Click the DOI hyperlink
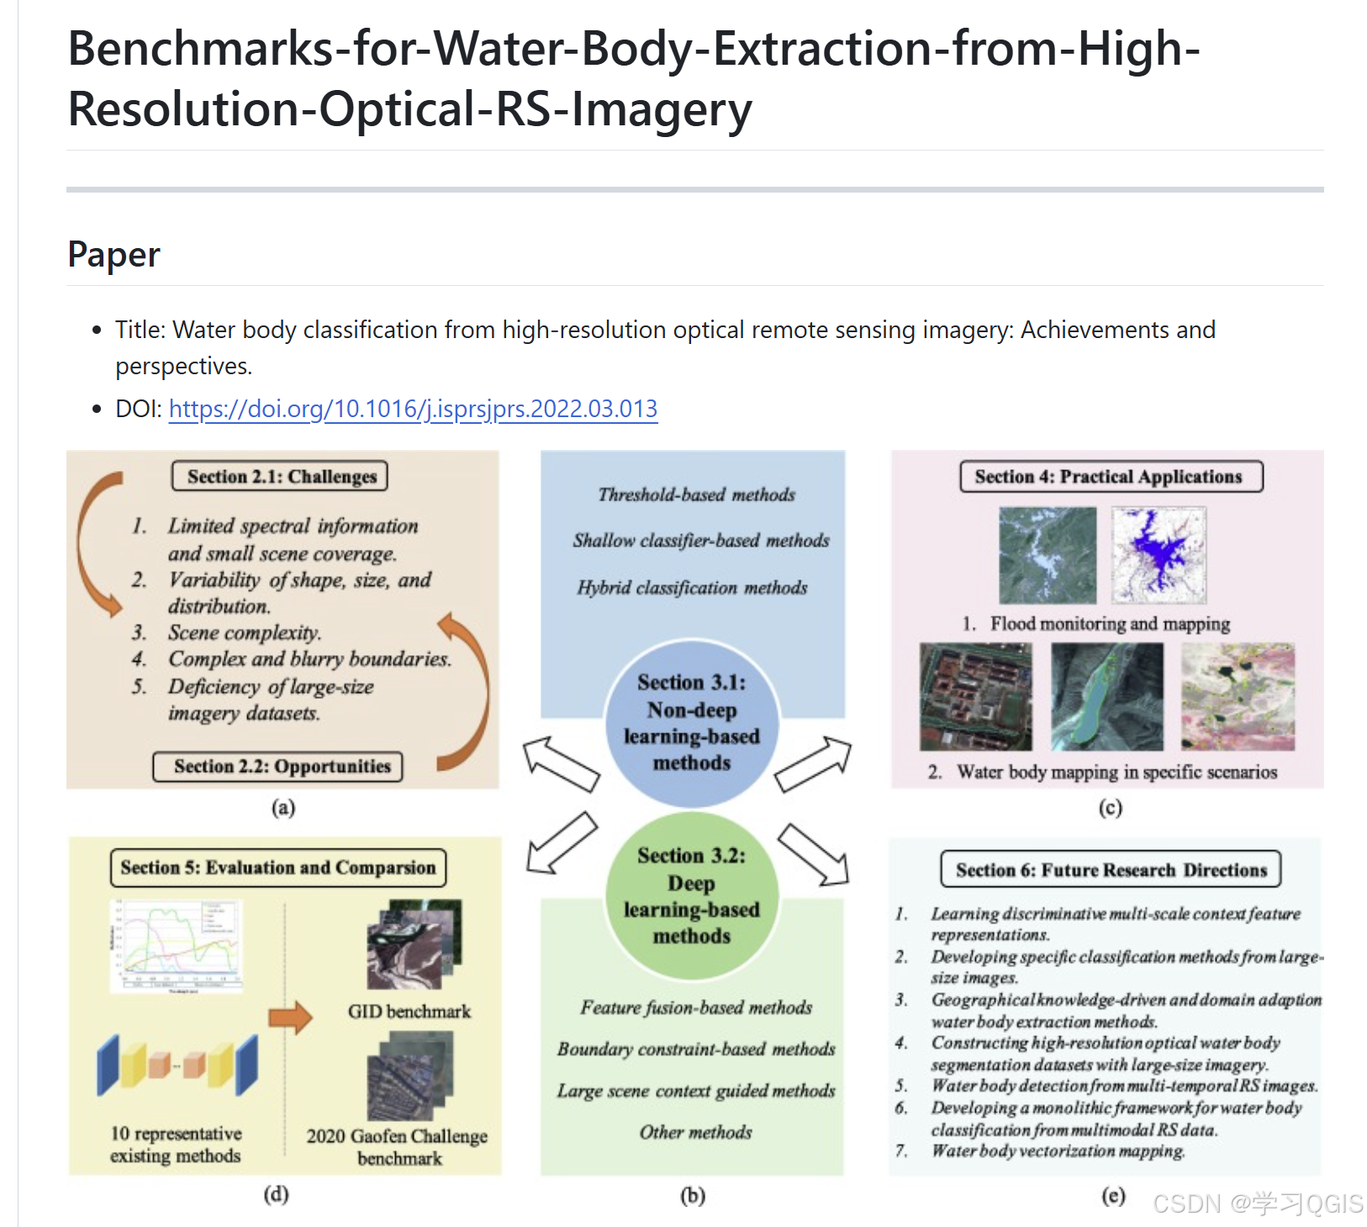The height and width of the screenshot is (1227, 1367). (x=413, y=410)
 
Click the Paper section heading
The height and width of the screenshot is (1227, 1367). (x=113, y=255)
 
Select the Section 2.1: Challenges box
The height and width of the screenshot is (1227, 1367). (x=281, y=477)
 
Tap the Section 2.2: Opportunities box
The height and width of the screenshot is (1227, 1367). (x=278, y=767)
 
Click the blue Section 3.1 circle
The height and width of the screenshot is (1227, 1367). (x=691, y=722)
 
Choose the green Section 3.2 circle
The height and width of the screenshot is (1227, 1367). (x=691, y=896)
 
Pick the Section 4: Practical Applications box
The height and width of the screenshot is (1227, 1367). (x=1111, y=477)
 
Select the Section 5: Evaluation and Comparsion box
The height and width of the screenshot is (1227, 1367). (x=277, y=868)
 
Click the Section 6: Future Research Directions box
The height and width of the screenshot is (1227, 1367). (x=1111, y=870)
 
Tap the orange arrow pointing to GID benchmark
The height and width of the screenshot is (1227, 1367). (x=290, y=1018)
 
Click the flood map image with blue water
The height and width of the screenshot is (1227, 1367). (x=1159, y=555)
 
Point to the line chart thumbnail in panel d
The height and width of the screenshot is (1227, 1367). (x=177, y=946)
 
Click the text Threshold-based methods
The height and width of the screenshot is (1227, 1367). (x=696, y=495)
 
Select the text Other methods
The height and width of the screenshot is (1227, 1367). (x=695, y=1133)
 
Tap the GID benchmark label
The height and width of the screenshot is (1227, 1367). (x=409, y=1012)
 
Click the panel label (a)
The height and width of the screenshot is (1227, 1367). (x=283, y=808)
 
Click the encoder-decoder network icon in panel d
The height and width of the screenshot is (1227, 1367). (x=177, y=1065)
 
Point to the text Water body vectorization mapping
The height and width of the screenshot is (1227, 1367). (x=1058, y=1151)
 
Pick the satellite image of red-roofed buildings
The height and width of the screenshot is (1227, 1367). (x=975, y=696)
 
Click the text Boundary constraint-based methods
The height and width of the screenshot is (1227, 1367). (x=696, y=1050)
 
